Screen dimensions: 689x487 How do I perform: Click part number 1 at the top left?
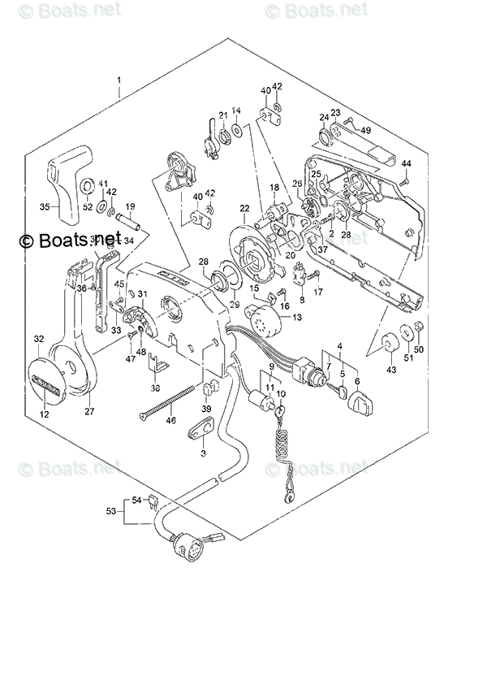coord(119,80)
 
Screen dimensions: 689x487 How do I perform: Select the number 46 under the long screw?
coord(170,420)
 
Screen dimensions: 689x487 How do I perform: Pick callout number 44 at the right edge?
coord(407,164)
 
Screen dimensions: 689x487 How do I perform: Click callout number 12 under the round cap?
coord(44,414)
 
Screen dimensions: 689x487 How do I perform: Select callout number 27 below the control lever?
coord(89,411)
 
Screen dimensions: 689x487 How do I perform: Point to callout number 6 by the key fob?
coord(357,380)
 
